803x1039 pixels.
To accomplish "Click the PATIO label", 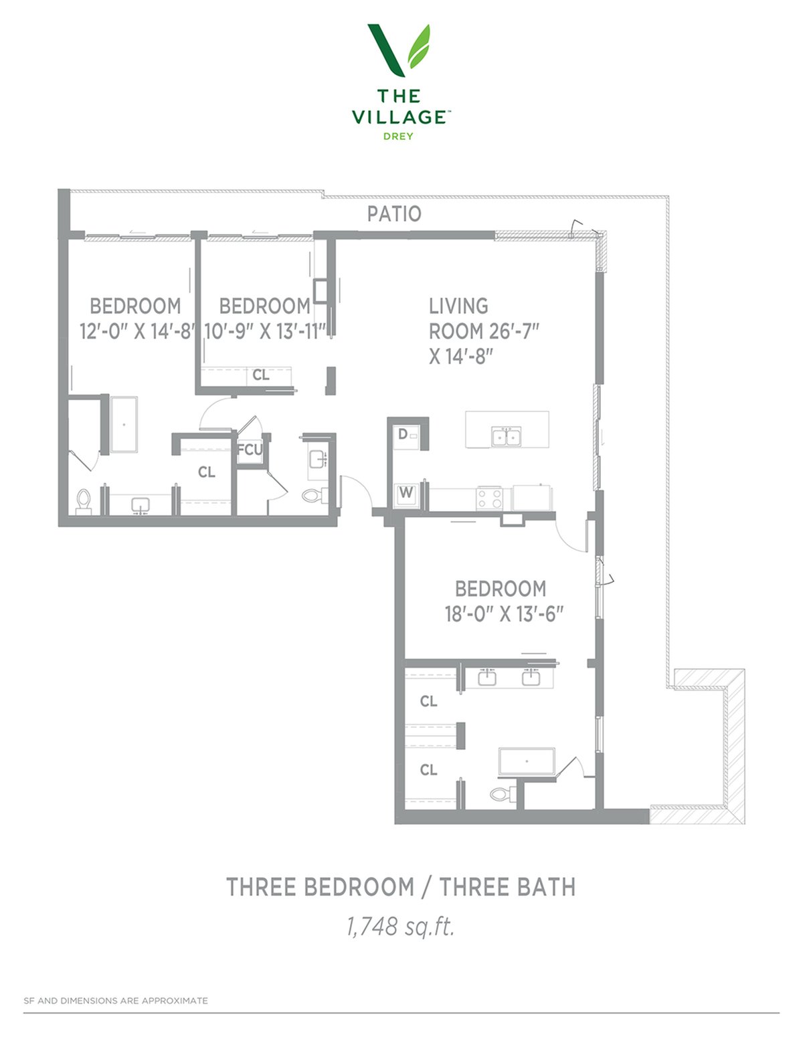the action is click(x=394, y=213).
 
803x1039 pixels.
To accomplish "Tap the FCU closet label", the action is click(x=250, y=450).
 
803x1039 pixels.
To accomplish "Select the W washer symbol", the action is click(x=406, y=492).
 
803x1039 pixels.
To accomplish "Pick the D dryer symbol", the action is click(x=403, y=434).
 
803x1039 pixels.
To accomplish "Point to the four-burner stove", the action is click(x=489, y=498).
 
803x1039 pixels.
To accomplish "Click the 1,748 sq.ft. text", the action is click(x=400, y=926).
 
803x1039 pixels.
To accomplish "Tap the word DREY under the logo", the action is click(x=398, y=136).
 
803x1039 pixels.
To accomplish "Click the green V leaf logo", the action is click(x=399, y=50).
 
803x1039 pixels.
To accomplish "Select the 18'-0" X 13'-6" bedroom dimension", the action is click(x=505, y=614).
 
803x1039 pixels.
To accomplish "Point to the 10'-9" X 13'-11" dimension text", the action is click(x=266, y=331).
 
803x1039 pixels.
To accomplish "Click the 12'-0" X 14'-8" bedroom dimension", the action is click(x=137, y=331).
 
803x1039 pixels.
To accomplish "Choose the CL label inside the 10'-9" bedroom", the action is click(x=261, y=375).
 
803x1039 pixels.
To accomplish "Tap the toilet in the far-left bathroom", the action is click(x=84, y=502).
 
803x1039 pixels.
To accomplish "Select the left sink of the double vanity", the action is click(x=487, y=677).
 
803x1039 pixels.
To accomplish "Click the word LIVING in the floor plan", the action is click(x=458, y=306).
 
